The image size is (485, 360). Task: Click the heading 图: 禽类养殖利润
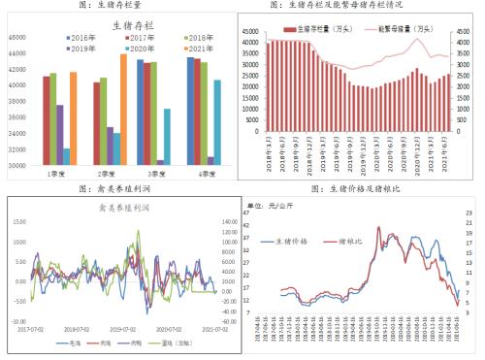118,190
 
